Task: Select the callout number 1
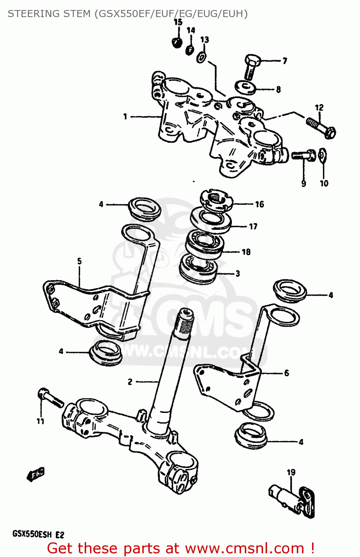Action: pyautogui.click(x=125, y=117)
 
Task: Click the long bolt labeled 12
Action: pyautogui.click(x=321, y=127)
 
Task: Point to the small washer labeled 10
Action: pyautogui.click(x=323, y=155)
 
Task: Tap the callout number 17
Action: pyautogui.click(x=253, y=227)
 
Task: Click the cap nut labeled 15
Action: pyautogui.click(x=177, y=42)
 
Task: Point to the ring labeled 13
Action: pyautogui.click(x=202, y=57)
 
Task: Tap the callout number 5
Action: pyautogui.click(x=79, y=261)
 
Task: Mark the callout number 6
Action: pyautogui.click(x=286, y=373)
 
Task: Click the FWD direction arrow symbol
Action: pyautogui.click(x=36, y=475)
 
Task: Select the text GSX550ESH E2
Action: pyautogui.click(x=38, y=534)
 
